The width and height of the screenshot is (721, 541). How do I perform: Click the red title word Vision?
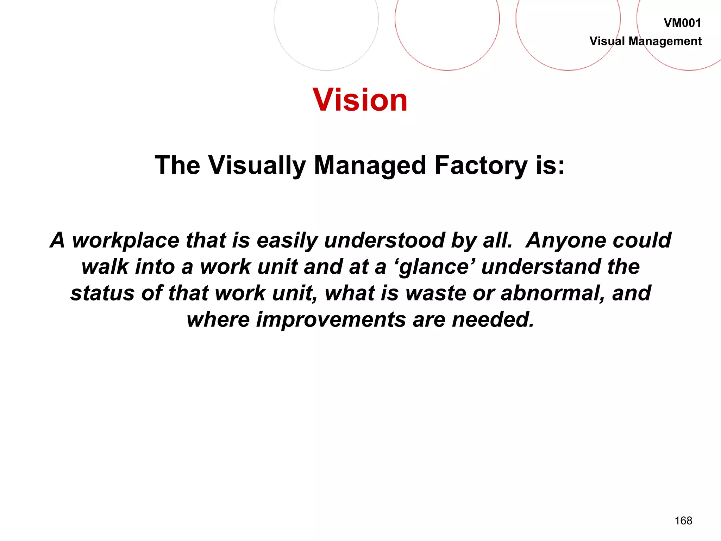coord(360,100)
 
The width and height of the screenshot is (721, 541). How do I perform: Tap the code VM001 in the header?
coord(682,23)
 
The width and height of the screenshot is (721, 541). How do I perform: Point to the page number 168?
coord(683,521)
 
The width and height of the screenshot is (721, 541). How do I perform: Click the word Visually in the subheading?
coord(257,166)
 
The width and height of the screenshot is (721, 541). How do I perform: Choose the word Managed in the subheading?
coord(370,166)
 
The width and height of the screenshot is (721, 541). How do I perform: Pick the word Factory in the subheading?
coord(481,166)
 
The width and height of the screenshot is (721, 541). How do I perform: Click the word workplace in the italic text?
coord(126,241)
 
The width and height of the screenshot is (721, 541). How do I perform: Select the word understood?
coord(384,240)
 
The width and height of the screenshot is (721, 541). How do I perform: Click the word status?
coord(102,293)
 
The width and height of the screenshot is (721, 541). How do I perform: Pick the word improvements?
coord(331,319)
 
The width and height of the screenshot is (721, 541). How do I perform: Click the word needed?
coord(493,319)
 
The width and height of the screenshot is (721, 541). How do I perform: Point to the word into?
coord(155,267)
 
